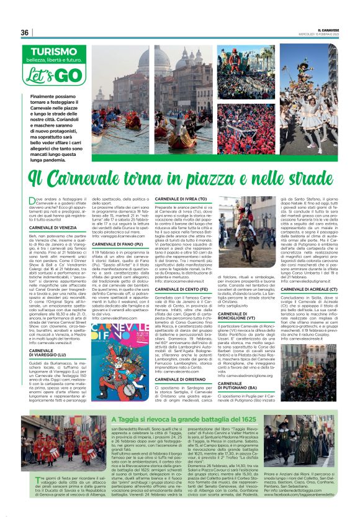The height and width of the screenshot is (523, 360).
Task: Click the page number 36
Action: [25, 32]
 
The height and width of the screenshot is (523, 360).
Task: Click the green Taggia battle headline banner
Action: [180, 420]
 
